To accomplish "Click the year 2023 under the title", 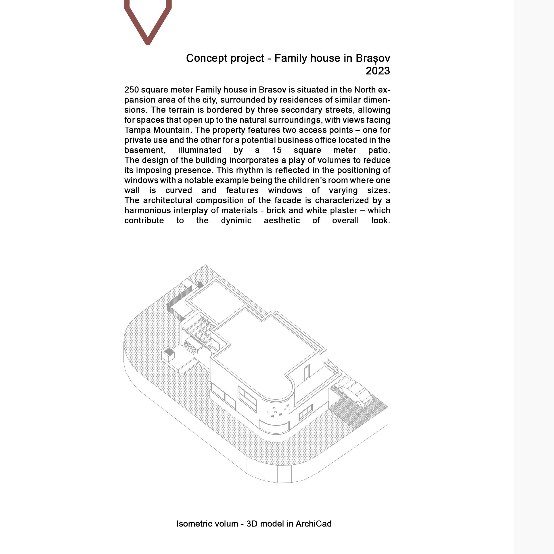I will (377, 71).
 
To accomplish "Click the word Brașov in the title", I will (372, 58).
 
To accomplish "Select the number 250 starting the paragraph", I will (131, 90).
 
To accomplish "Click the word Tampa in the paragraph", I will (137, 130).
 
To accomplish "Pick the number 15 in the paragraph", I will (277, 150).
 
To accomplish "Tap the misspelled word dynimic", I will (236, 220).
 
